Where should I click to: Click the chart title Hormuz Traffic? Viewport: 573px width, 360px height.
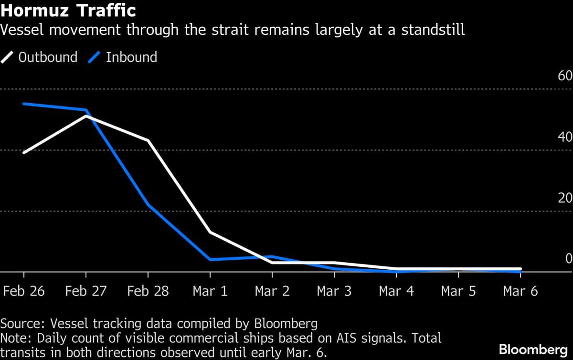(x=68, y=10)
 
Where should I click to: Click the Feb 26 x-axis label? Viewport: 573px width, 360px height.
(x=24, y=291)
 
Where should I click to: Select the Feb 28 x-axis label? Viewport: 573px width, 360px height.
(x=148, y=291)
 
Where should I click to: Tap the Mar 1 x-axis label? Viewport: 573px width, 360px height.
(x=210, y=291)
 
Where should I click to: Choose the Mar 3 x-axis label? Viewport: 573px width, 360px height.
(x=334, y=291)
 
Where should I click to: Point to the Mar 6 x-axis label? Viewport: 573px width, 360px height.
(x=520, y=291)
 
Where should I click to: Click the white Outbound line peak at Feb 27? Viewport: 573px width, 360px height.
(x=86, y=116)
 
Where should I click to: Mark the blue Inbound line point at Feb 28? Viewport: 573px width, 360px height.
(x=148, y=205)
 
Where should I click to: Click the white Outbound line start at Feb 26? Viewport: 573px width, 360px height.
(x=24, y=152)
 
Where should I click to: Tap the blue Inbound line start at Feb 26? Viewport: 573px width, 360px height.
(x=24, y=104)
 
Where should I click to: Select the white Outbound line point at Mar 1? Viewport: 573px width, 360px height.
(x=210, y=232)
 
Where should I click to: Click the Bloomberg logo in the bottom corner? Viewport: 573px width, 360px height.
(x=533, y=349)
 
